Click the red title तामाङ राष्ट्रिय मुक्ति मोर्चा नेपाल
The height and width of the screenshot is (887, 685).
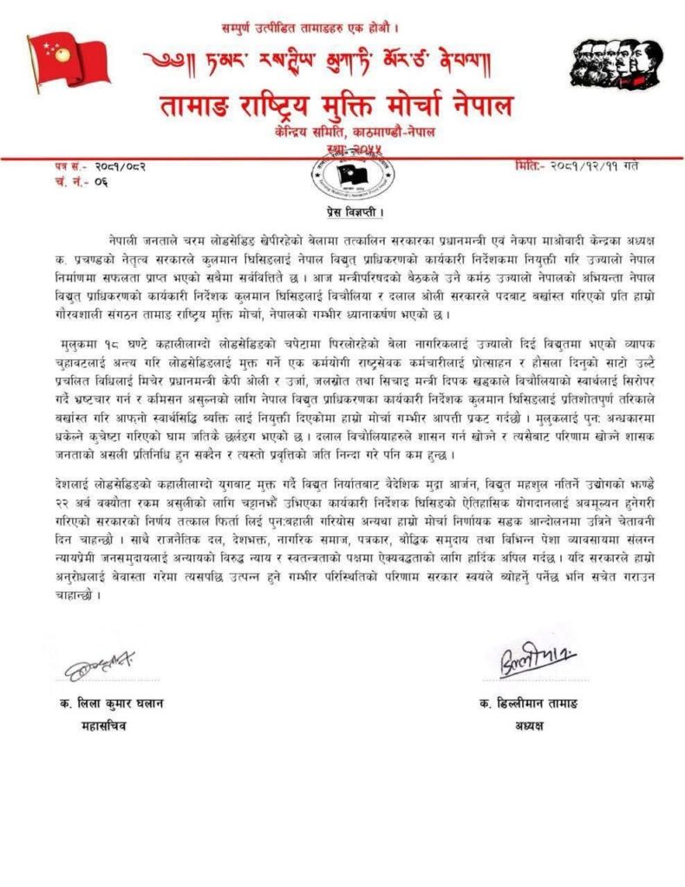[336, 106]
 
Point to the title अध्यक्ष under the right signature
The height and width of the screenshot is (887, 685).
[526, 726]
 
